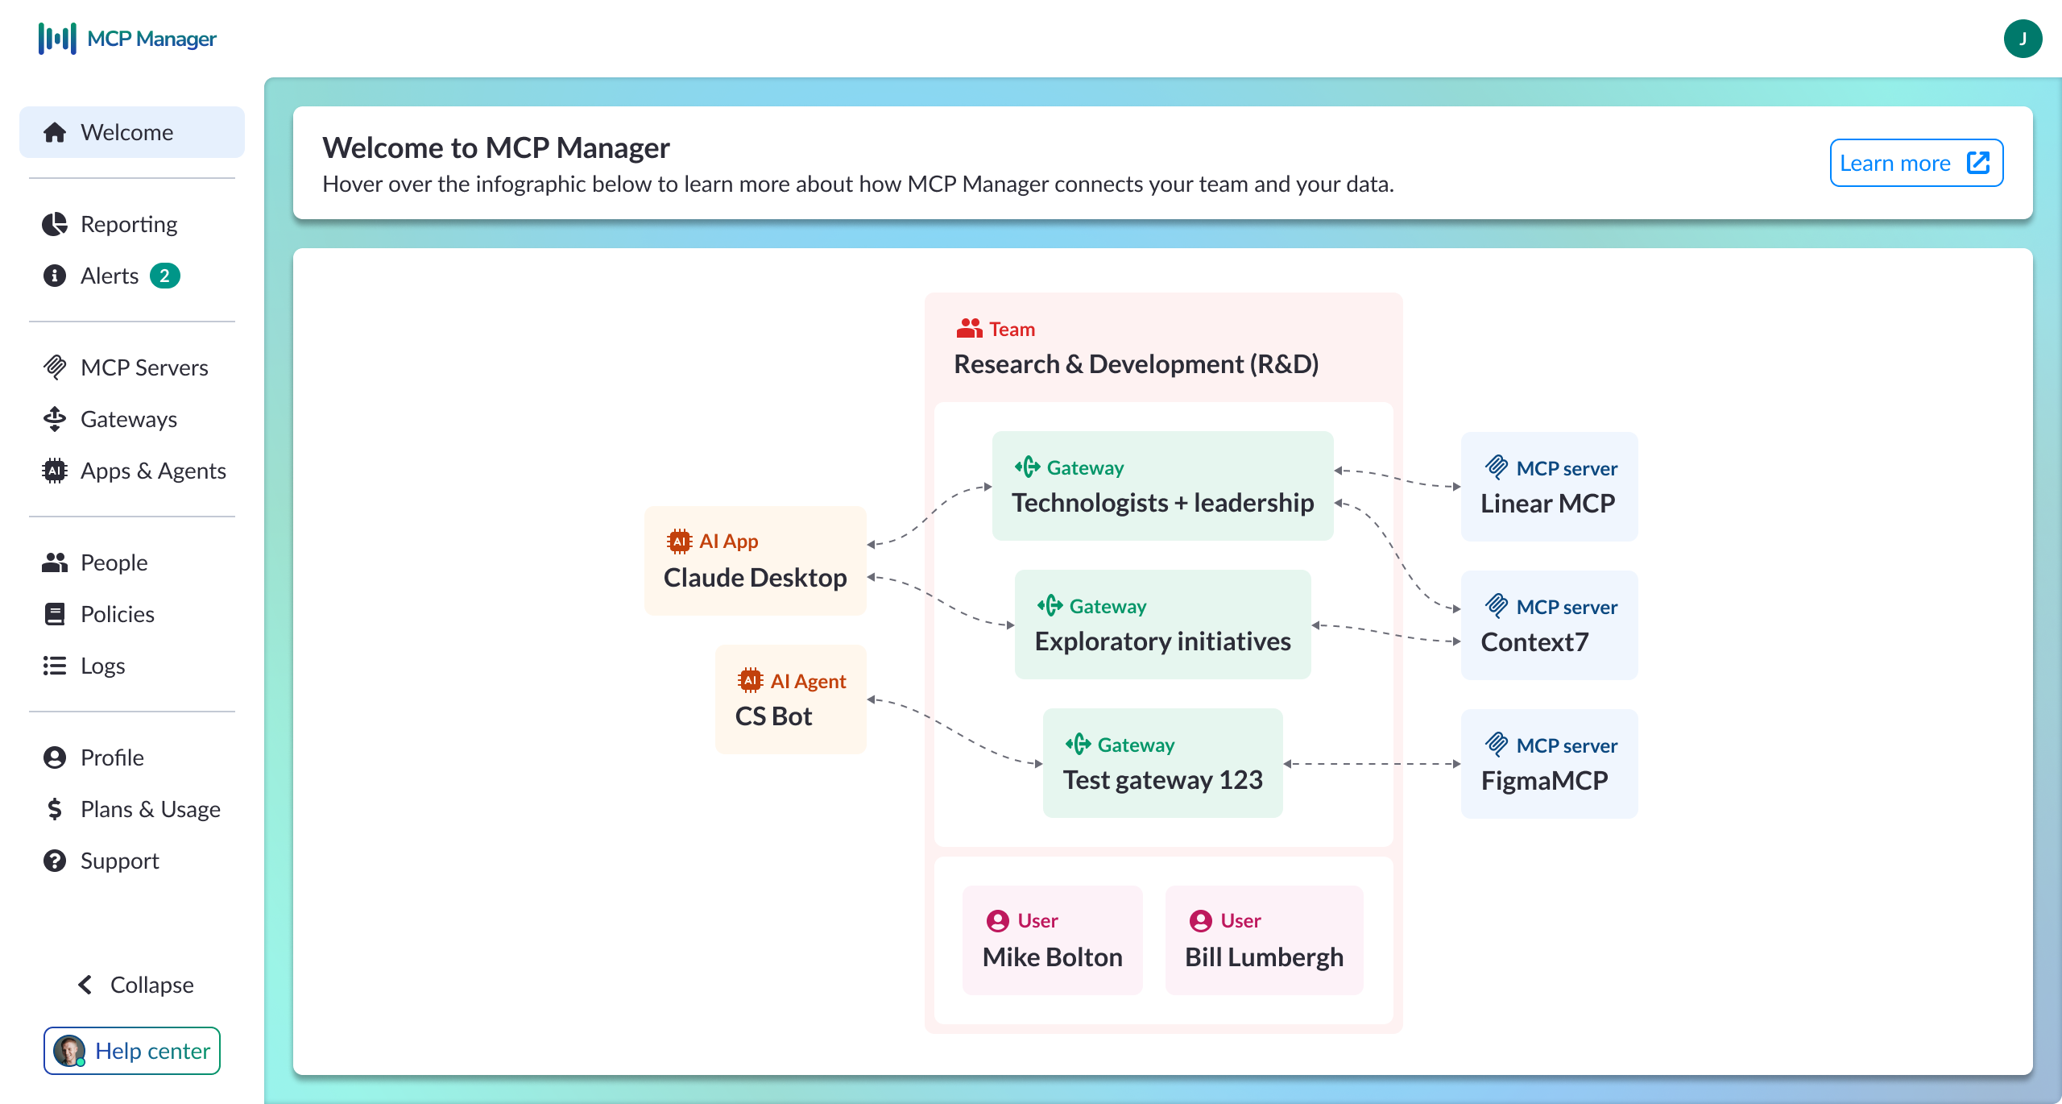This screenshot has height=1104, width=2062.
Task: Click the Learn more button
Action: point(1915,163)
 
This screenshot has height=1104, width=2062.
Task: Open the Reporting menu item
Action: point(129,224)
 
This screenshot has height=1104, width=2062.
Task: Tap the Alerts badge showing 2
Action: point(164,276)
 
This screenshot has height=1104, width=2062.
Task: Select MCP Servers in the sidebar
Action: point(143,367)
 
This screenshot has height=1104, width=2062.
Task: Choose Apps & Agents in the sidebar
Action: point(152,471)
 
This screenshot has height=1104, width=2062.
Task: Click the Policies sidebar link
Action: point(117,614)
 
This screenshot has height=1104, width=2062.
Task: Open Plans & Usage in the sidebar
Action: point(150,809)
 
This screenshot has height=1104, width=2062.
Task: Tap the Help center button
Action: point(132,1051)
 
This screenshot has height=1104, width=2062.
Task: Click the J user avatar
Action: point(2022,39)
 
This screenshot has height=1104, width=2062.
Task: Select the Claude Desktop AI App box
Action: point(755,561)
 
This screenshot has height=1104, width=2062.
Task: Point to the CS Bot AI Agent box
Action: point(790,699)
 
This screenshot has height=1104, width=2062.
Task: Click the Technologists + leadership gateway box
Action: point(1162,486)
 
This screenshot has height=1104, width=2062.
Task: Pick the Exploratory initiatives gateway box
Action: point(1162,625)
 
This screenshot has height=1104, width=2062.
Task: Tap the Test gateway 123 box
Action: point(1162,763)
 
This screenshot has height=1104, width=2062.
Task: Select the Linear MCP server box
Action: point(1548,487)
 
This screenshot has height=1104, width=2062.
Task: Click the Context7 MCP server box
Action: point(1548,625)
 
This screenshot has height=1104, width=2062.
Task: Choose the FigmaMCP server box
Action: point(1548,764)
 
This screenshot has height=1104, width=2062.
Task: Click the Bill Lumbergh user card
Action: point(1263,940)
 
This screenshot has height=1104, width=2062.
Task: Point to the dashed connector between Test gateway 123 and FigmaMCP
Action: point(1372,764)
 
